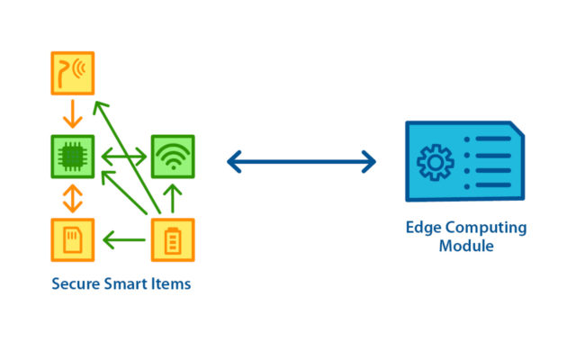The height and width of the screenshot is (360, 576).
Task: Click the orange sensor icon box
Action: coord(73,73)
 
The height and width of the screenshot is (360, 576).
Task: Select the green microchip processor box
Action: coord(73,157)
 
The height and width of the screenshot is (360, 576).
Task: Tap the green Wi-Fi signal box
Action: coord(173,157)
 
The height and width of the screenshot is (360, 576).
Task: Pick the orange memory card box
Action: coord(73,240)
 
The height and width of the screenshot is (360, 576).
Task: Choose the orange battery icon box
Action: coord(173,240)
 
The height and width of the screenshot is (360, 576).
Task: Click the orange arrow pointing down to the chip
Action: coord(73,114)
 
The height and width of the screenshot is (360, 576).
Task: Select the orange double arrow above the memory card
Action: coord(73,198)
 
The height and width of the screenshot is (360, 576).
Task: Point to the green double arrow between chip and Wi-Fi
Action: coord(124,157)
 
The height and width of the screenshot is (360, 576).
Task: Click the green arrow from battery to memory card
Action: coord(124,240)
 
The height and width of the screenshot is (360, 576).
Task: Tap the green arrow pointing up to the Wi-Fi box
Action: coord(173,198)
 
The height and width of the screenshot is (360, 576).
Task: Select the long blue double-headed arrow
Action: coord(301,162)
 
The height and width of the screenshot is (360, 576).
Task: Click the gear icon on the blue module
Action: coord(436,162)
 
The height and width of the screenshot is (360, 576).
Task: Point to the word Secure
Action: coord(76,284)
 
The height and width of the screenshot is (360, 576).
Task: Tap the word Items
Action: coord(171,284)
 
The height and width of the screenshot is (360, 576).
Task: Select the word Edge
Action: coord(424,228)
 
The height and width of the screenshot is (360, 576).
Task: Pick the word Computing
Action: coord(486,228)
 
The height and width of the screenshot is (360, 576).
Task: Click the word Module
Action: coord(466,246)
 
